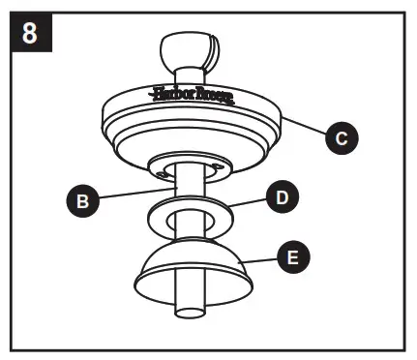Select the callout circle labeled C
point(338,138)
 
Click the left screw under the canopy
point(157,175)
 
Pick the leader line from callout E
point(257,260)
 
